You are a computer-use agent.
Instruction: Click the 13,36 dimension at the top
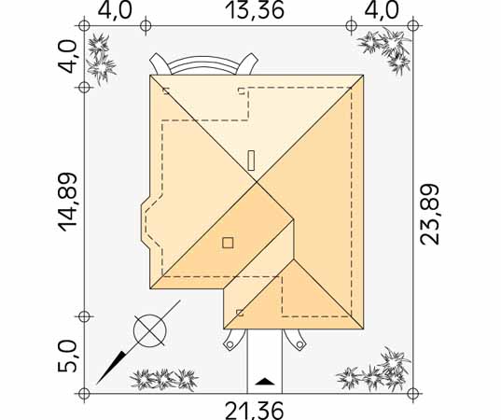pyautogui.click(x=255, y=10)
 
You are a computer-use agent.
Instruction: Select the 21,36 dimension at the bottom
pyautogui.click(x=255, y=411)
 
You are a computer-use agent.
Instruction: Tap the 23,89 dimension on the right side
pyautogui.click(x=430, y=215)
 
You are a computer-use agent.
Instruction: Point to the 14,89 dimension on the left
pyautogui.click(x=68, y=203)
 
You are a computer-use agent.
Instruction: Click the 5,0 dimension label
pyautogui.click(x=67, y=357)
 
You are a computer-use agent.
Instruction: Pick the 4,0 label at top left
pyautogui.click(x=115, y=10)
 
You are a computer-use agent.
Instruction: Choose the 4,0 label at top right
pyautogui.click(x=382, y=10)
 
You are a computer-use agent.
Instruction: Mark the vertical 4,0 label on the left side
pyautogui.click(x=67, y=57)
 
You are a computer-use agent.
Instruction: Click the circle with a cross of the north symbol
pyautogui.click(x=150, y=330)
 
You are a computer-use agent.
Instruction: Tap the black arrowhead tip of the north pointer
pyautogui.click(x=97, y=383)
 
